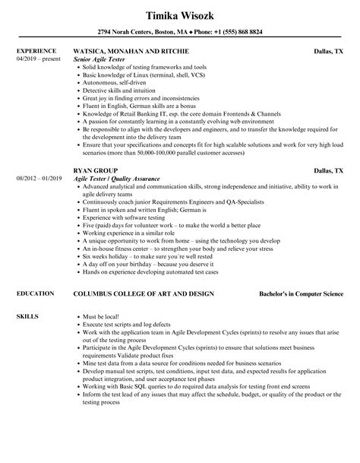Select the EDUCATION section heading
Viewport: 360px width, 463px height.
click(x=35, y=293)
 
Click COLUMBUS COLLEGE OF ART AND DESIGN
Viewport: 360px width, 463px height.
click(x=144, y=293)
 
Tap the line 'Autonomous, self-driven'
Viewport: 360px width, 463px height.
click(x=115, y=84)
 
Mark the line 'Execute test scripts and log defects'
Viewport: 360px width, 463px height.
click(x=128, y=325)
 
